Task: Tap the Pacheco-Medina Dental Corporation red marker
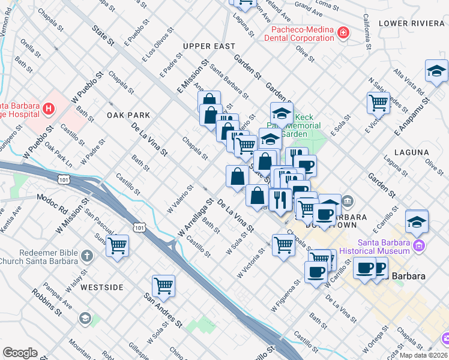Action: tap(343, 32)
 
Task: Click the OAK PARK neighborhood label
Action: tap(127, 115)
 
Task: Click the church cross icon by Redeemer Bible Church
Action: tap(86, 256)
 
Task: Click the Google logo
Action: tap(20, 353)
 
